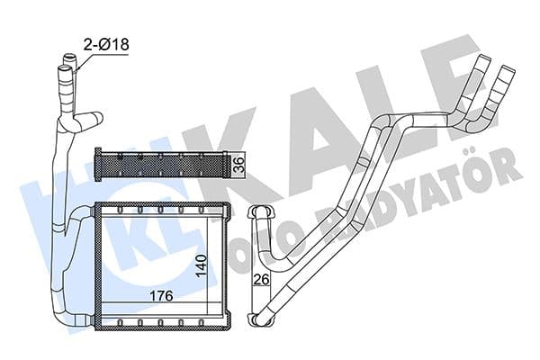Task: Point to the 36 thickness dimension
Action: [238, 165]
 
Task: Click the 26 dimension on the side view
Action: [261, 280]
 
